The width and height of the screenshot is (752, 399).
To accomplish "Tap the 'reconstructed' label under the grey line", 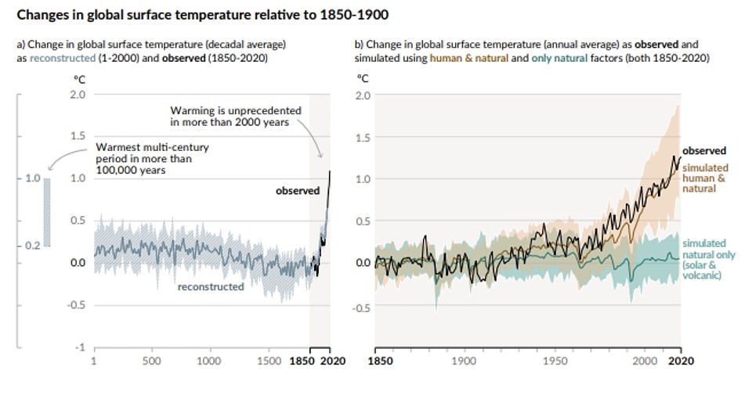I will point(211,286).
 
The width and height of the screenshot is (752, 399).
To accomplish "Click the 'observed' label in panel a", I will point(297,190).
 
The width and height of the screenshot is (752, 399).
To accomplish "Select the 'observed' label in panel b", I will point(704,151).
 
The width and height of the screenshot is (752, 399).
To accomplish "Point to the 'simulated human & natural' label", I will point(705,178).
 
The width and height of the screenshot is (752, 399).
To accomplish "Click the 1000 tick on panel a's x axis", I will point(208,361).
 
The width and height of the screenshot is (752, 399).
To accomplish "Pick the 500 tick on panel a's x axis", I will point(151,361).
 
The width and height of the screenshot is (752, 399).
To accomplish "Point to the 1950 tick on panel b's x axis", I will point(554,361).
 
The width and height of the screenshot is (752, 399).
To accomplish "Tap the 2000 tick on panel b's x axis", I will point(645,361).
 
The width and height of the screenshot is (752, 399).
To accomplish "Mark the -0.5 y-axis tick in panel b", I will point(362,307).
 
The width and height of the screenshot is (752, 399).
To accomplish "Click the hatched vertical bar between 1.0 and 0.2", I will point(46,212).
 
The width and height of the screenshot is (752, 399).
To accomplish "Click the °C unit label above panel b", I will point(363,79).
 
